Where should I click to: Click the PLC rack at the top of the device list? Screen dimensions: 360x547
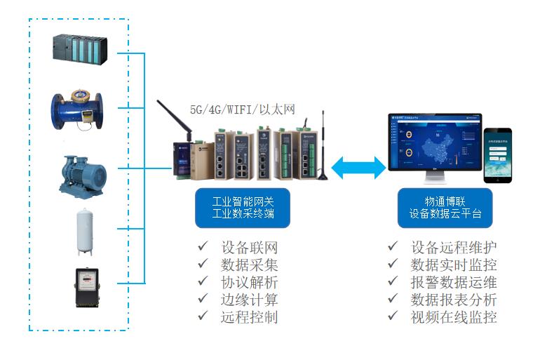pos(79,49)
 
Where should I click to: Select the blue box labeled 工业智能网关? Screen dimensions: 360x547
pos(241,208)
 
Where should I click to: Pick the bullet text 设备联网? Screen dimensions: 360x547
pos(250,248)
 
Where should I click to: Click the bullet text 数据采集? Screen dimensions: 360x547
pos(250,265)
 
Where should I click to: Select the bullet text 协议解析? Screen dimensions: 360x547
pos(250,283)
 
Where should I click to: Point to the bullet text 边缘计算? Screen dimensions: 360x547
pos(250,300)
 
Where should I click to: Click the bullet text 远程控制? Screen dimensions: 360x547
pos(250,317)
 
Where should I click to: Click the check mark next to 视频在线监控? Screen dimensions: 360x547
pos(393,316)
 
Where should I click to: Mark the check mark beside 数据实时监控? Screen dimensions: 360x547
pos(393,265)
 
